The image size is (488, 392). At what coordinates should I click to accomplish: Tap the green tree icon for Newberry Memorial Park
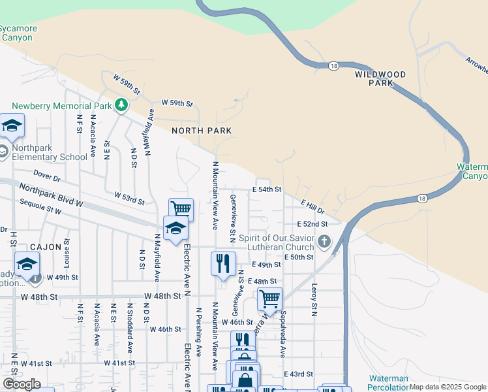(121, 105)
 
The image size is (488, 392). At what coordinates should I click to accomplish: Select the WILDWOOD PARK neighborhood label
(380, 78)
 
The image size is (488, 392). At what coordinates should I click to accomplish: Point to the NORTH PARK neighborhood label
(202, 131)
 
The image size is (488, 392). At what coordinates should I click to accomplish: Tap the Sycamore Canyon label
(18, 33)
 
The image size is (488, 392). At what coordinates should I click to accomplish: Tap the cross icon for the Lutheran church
(324, 243)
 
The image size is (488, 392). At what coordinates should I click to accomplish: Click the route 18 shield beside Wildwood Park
(334, 66)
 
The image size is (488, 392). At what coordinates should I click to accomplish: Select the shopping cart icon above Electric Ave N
(181, 208)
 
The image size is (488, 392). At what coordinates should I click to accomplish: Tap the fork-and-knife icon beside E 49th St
(223, 263)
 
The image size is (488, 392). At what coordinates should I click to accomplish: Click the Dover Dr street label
(46, 176)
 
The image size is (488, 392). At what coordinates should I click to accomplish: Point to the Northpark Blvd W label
(52, 195)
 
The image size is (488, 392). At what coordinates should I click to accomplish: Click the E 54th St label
(266, 189)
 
